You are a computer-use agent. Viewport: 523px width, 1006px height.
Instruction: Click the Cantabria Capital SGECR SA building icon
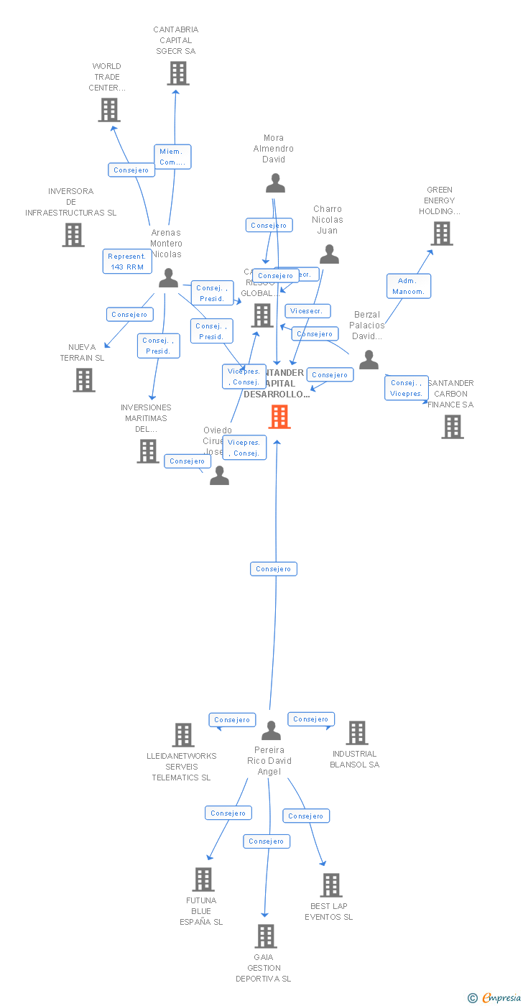point(177,73)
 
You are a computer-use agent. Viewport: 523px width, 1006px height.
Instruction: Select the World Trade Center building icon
point(109,110)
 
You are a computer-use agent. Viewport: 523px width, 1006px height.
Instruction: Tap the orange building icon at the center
point(279,417)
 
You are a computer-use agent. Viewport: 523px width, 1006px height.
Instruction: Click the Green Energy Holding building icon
point(441,234)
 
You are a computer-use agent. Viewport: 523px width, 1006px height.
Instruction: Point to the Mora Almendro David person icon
point(275,183)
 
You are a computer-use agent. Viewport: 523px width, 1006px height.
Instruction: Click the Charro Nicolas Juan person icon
point(329,254)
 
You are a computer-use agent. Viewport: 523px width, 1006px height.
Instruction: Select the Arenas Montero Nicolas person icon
point(168,278)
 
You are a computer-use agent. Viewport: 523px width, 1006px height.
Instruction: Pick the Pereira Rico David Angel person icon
point(271,731)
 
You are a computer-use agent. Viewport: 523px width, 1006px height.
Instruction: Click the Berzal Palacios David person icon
point(369,360)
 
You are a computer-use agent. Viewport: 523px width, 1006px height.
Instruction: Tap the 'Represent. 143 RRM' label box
point(127,262)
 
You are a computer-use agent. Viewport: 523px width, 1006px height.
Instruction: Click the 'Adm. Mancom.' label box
point(409,286)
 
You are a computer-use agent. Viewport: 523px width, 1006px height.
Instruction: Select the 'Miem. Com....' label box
point(172,157)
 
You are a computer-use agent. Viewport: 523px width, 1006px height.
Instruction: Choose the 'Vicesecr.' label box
point(307,311)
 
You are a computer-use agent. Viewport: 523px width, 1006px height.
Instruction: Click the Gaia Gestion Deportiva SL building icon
point(266,936)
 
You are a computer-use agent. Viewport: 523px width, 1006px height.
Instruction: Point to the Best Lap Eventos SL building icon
point(330,885)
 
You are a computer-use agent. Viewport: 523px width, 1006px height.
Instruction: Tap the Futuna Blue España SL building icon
point(203,880)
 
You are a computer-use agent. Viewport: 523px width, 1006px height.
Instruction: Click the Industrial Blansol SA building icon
point(356,733)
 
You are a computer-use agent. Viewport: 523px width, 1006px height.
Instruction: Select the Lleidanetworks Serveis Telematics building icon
point(183,735)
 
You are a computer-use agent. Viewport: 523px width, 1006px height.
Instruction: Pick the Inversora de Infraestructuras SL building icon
point(73,235)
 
